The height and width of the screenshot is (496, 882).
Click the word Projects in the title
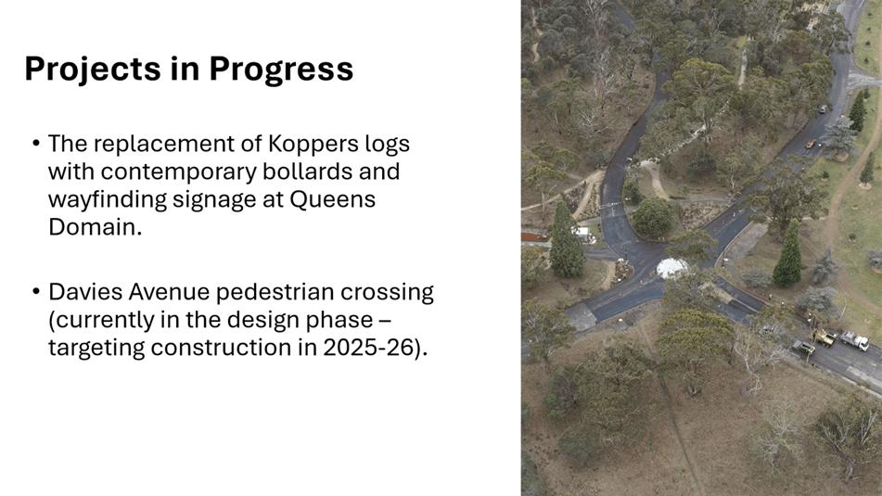click(93, 70)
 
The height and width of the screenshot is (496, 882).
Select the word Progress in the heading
click(281, 70)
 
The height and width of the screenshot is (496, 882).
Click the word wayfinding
click(108, 200)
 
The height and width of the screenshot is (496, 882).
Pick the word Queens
click(332, 199)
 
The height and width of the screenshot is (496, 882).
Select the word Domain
click(95, 226)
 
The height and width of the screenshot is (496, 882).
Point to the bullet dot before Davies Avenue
click(36, 292)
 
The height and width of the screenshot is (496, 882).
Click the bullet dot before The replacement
click(36, 144)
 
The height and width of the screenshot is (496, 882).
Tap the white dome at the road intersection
click(671, 268)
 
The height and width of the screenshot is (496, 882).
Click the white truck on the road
click(854, 340)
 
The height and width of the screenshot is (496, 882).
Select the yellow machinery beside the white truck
click(823, 337)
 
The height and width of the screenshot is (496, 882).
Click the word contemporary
click(178, 172)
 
